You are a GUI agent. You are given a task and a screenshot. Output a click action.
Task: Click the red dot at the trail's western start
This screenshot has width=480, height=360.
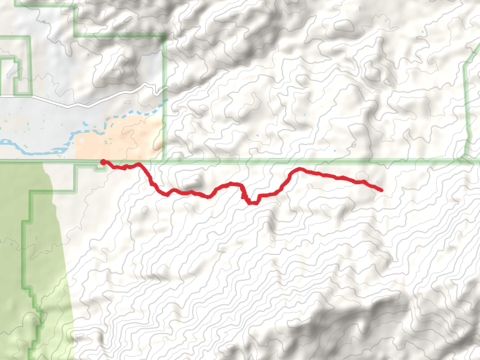(x=103, y=162)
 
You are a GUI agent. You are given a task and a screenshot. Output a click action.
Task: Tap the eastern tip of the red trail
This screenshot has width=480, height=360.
(x=381, y=190)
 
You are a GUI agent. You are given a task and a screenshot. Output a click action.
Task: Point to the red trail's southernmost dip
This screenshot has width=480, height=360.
(x=252, y=203)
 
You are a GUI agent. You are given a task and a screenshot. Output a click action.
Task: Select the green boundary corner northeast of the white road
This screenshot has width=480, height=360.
(x=164, y=36)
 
